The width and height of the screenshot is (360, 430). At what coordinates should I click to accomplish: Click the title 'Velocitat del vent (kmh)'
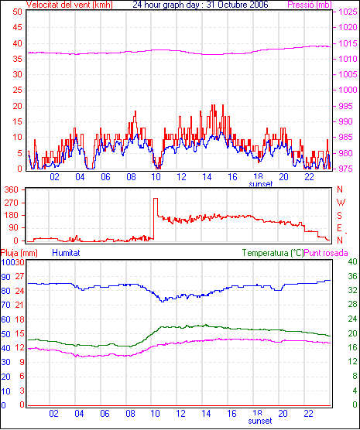[69, 5]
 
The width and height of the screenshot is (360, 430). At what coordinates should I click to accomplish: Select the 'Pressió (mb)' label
[310, 5]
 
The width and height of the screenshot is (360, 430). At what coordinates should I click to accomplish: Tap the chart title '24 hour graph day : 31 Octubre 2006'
[201, 5]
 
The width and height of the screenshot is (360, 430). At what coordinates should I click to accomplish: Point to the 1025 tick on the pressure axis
[348, 12]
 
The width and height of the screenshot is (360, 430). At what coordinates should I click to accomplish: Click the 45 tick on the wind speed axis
[17, 27]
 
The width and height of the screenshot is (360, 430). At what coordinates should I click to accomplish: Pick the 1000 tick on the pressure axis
[348, 90]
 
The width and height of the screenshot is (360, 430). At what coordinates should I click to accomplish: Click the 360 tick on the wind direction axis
[12, 189]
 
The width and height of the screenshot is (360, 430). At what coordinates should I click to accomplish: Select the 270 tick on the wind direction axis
[12, 203]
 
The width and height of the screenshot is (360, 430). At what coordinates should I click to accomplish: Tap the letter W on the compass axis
[341, 203]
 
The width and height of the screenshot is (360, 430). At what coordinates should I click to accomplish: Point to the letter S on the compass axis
[340, 216]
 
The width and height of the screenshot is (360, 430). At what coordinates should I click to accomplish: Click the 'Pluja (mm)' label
[19, 253]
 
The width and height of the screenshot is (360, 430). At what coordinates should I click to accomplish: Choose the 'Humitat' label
[66, 253]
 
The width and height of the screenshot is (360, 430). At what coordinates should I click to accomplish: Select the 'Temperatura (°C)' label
[273, 253]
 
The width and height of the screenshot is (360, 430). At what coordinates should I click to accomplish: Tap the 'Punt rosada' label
[326, 253]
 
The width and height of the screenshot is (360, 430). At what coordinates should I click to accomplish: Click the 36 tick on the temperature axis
[352, 276]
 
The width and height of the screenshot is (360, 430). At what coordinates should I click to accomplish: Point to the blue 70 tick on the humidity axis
[5, 305]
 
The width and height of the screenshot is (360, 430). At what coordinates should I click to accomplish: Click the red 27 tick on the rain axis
[19, 276]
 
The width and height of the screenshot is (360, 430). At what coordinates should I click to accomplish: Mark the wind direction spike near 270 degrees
[156, 198]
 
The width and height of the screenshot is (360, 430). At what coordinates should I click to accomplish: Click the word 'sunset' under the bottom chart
[260, 421]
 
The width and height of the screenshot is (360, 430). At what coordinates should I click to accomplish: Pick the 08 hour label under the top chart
[131, 177]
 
